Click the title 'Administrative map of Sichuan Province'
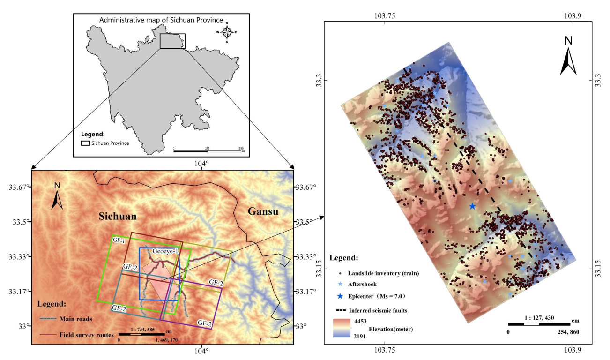153,20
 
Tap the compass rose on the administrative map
227,32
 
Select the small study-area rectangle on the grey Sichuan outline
172,41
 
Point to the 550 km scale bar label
241,148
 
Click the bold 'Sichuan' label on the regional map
117,217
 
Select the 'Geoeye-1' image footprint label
165,252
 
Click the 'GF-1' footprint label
119,240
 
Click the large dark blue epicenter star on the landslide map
472,206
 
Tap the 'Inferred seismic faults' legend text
378,310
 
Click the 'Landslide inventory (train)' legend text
383,273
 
